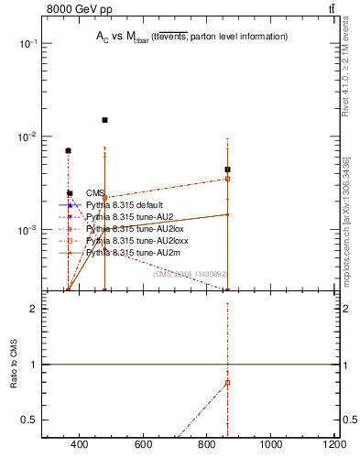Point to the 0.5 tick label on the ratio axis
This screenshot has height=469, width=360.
point(29,420)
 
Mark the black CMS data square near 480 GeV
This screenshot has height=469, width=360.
point(104,120)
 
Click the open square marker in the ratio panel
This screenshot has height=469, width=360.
point(227,382)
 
